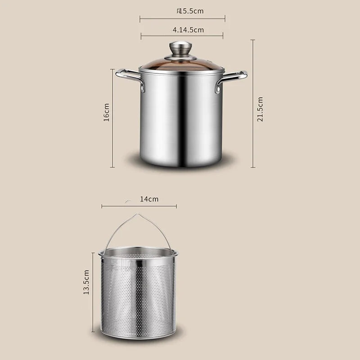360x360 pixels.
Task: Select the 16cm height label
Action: (x=107, y=112)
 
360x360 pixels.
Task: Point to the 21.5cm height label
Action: (x=260, y=109)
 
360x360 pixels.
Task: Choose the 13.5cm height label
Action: (x=86, y=283)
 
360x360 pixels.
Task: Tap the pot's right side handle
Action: (x=233, y=79)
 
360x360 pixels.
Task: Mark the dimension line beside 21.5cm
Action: (x=252, y=103)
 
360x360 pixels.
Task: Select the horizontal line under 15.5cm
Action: (x=182, y=19)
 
